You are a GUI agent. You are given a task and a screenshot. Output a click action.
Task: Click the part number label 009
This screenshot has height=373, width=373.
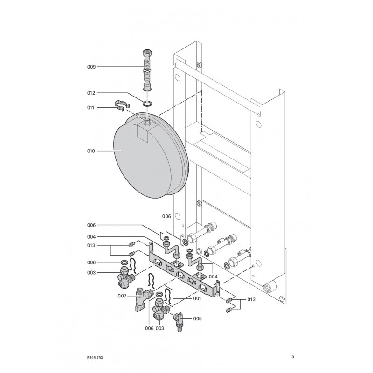tap(91, 67)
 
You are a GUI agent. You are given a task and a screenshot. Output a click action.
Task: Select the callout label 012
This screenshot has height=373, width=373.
tap(91, 93)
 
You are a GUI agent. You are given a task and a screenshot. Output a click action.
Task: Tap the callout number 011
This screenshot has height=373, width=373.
tap(90, 108)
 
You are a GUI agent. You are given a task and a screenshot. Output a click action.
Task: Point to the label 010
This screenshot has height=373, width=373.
tap(91, 151)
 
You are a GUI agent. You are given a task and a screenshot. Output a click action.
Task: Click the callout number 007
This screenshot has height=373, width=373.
tap(122, 296)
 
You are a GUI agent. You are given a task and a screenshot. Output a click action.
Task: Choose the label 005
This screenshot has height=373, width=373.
tap(197, 318)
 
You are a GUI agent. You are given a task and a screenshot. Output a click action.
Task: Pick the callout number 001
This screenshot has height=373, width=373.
tap(197, 298)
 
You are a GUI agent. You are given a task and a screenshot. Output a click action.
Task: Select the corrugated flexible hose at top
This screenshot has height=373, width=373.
tap(147, 70)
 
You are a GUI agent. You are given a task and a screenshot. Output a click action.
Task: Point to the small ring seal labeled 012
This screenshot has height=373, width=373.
tap(147, 103)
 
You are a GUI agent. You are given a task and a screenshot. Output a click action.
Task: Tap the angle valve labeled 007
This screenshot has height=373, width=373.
tap(142, 299)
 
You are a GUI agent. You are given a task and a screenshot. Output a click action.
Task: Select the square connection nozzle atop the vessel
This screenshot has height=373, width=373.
tap(147, 123)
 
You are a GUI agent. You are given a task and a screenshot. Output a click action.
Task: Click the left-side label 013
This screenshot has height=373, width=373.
tap(91, 246)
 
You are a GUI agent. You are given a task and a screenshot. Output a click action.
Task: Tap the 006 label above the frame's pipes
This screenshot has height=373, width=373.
tap(166, 216)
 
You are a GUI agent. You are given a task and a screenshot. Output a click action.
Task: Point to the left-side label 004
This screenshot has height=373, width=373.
tap(91, 237)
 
